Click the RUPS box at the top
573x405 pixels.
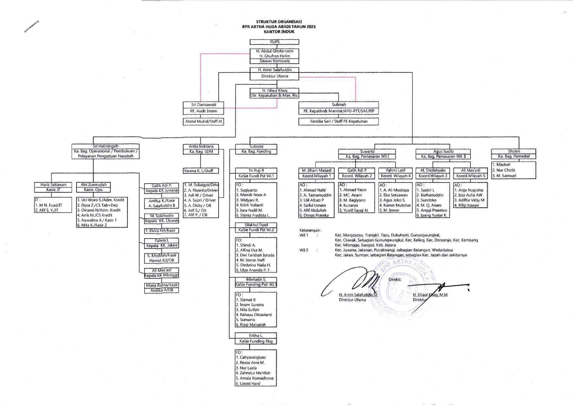(x=274, y=42)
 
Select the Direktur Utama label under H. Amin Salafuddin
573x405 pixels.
(x=274, y=76)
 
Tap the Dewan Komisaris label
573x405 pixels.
(x=274, y=61)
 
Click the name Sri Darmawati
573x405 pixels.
(x=204, y=105)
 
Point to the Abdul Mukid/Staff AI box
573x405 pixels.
(x=204, y=121)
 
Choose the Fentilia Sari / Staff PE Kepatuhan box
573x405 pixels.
(x=338, y=121)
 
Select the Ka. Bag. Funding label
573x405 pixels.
(x=256, y=152)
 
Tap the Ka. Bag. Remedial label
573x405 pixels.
(x=514, y=156)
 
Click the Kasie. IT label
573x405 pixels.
(x=53, y=189)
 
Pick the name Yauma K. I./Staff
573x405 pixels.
(x=198, y=170)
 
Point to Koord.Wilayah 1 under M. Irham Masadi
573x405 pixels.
(x=316, y=176)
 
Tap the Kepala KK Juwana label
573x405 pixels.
(x=162, y=190)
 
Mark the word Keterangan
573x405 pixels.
(x=310, y=230)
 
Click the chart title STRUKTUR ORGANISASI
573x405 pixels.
(x=279, y=22)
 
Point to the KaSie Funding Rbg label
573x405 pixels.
(x=256, y=341)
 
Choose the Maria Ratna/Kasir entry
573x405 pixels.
(x=162, y=285)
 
